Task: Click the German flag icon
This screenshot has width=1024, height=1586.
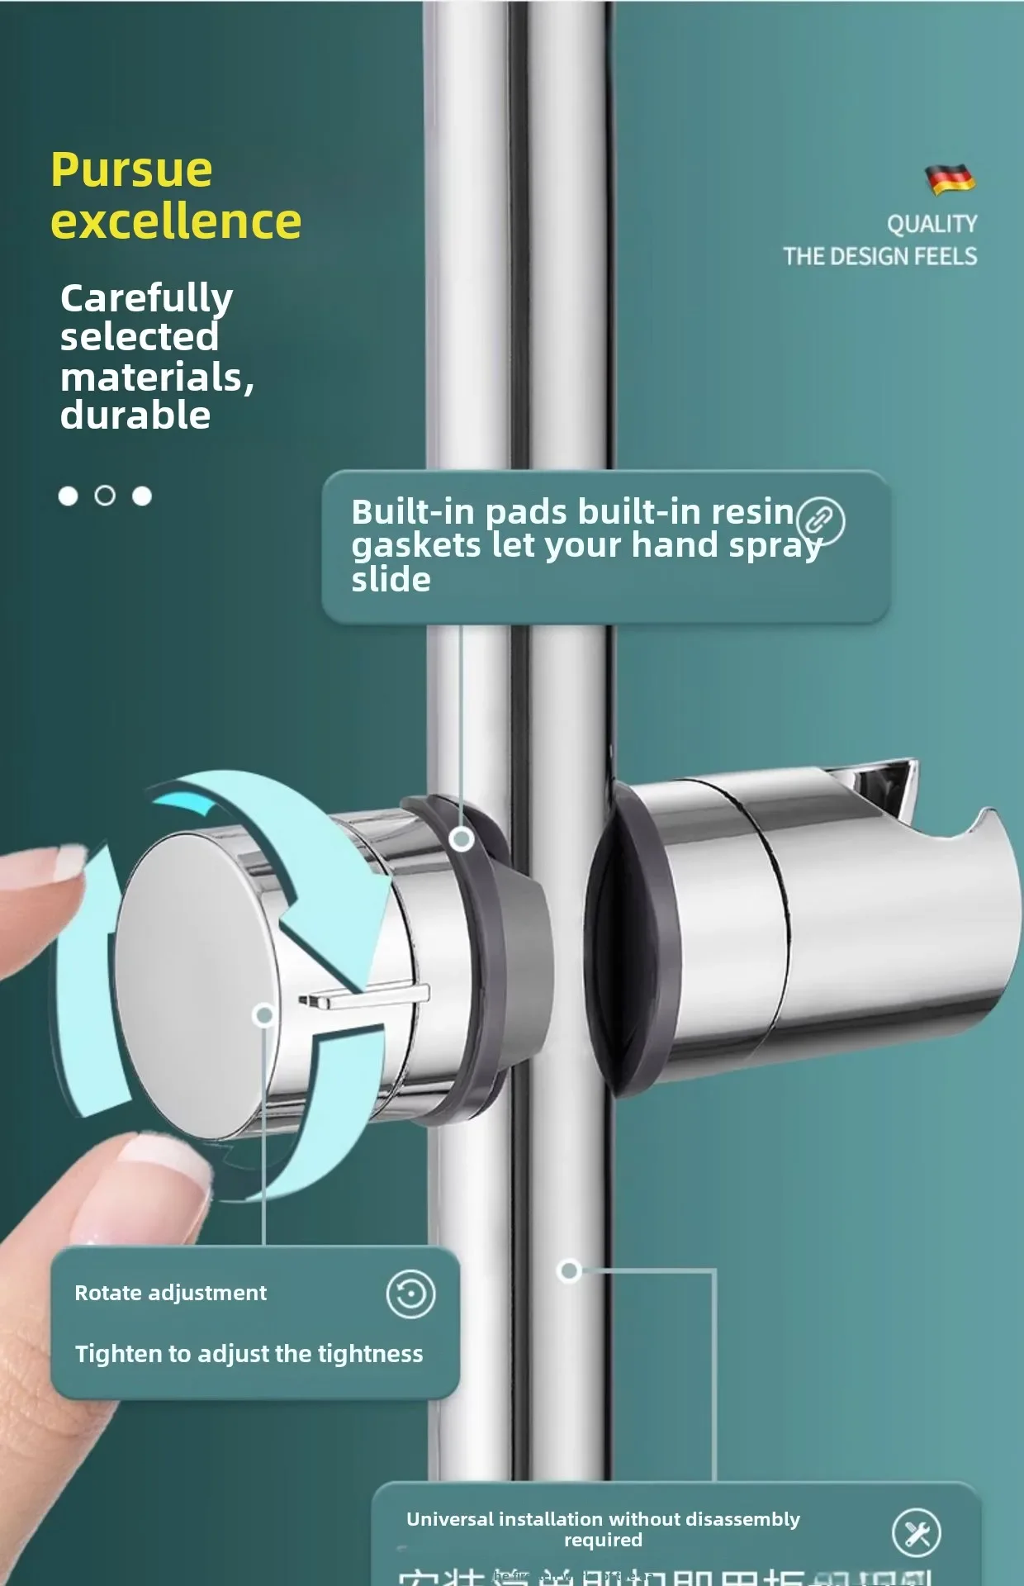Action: (950, 178)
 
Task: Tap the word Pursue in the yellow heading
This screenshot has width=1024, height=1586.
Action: (131, 171)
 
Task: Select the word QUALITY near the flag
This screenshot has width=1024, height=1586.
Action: (932, 224)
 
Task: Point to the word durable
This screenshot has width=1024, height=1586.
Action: (135, 415)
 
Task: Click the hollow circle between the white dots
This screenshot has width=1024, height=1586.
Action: (105, 496)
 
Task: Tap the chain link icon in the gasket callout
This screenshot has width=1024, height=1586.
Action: (820, 520)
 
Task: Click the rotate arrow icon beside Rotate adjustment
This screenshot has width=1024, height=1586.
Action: (410, 1294)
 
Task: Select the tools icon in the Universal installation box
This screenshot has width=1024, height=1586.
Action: (916, 1532)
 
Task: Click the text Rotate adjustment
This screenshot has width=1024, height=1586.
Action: (170, 1293)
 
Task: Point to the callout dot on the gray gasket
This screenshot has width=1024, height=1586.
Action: (462, 839)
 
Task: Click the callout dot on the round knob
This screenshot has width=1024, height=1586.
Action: (264, 1014)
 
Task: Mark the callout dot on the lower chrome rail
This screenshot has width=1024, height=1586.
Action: (569, 1270)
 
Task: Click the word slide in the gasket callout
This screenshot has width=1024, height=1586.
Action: (391, 580)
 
